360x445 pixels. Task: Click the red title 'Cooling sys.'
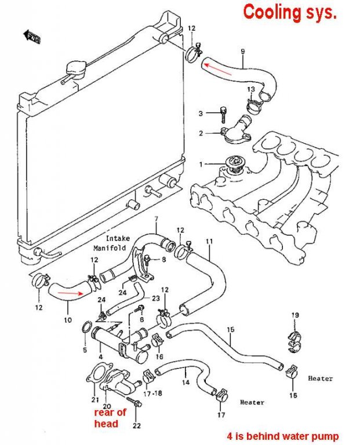(290, 13)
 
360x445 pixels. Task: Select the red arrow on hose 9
(218, 70)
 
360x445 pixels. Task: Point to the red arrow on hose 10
(70, 293)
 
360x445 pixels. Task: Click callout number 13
(251, 89)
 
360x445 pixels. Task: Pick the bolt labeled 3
(224, 114)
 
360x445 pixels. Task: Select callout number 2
(201, 133)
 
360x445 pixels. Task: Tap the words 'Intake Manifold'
(112, 243)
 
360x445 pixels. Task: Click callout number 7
(156, 219)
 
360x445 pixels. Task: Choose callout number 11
(209, 242)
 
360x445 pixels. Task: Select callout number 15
(231, 330)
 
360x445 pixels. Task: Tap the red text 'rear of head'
(110, 418)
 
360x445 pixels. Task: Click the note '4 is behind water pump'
(283, 436)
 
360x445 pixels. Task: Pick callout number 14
(186, 382)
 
